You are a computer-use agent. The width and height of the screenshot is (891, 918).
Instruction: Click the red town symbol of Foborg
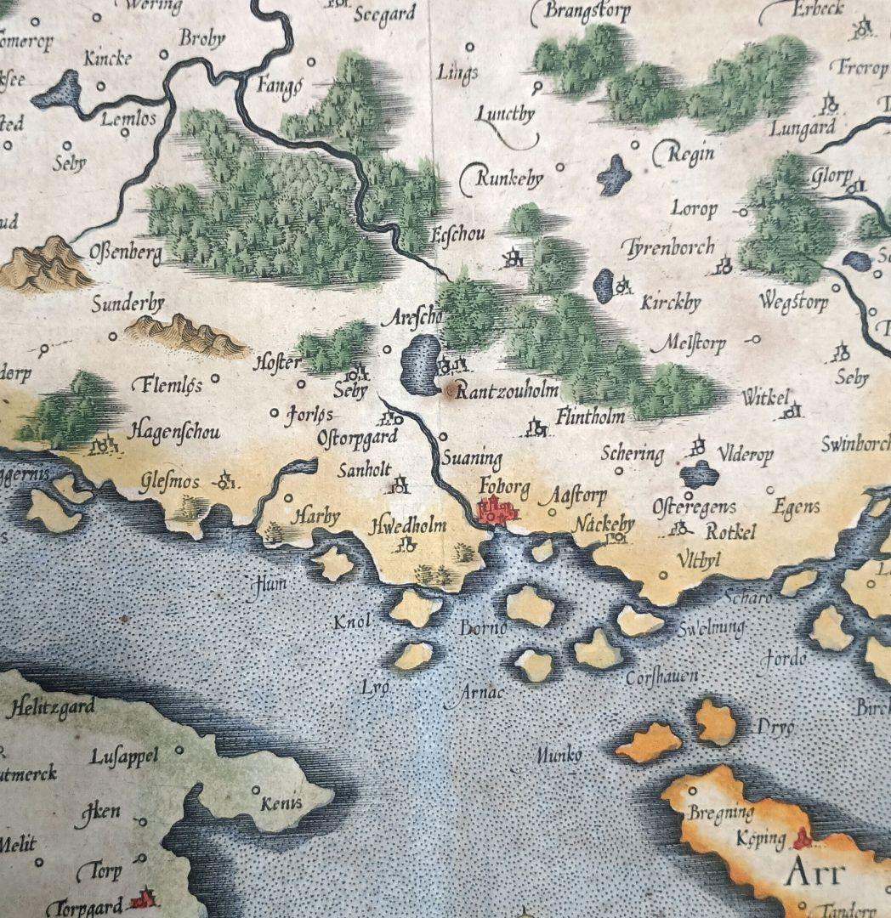coord(497,511)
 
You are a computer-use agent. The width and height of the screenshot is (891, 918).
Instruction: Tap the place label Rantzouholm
coord(508,391)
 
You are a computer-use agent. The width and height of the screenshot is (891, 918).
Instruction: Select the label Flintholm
coord(591,416)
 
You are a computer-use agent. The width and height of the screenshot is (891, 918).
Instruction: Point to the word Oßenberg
coord(125,253)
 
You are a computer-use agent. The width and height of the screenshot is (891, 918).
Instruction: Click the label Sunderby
coord(128,304)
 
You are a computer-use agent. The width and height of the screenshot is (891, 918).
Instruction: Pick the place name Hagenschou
coord(173,432)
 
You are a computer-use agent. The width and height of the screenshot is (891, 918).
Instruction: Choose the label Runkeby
coord(508,179)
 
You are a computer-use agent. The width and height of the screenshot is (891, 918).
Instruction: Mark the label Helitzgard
coord(50,707)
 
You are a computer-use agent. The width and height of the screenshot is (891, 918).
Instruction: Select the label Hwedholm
coord(409,526)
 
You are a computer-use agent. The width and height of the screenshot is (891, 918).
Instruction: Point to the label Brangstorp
coord(587,12)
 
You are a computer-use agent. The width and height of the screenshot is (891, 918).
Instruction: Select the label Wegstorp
coord(793,301)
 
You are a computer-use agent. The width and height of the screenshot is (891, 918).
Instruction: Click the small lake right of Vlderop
coord(699,473)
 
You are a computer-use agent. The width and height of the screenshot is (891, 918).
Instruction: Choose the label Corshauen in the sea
coord(662,677)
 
